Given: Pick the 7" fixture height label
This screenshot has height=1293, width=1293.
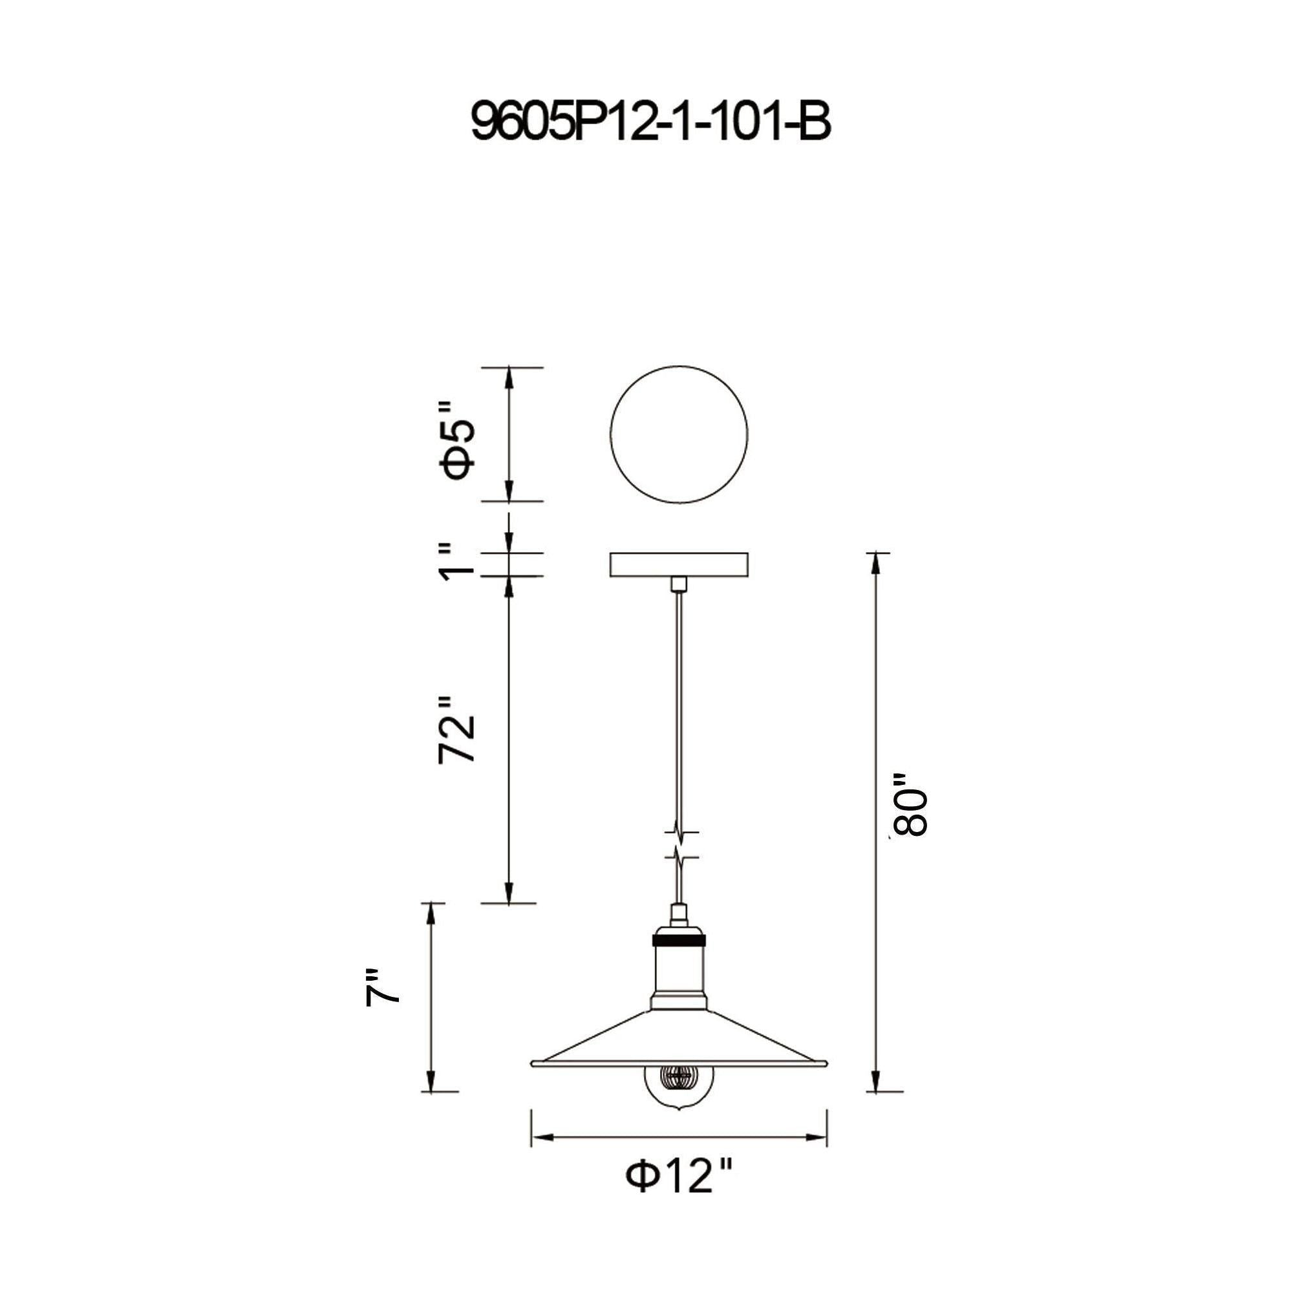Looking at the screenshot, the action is [382, 996].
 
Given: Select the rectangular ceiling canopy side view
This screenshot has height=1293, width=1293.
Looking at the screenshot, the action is [679, 565].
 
